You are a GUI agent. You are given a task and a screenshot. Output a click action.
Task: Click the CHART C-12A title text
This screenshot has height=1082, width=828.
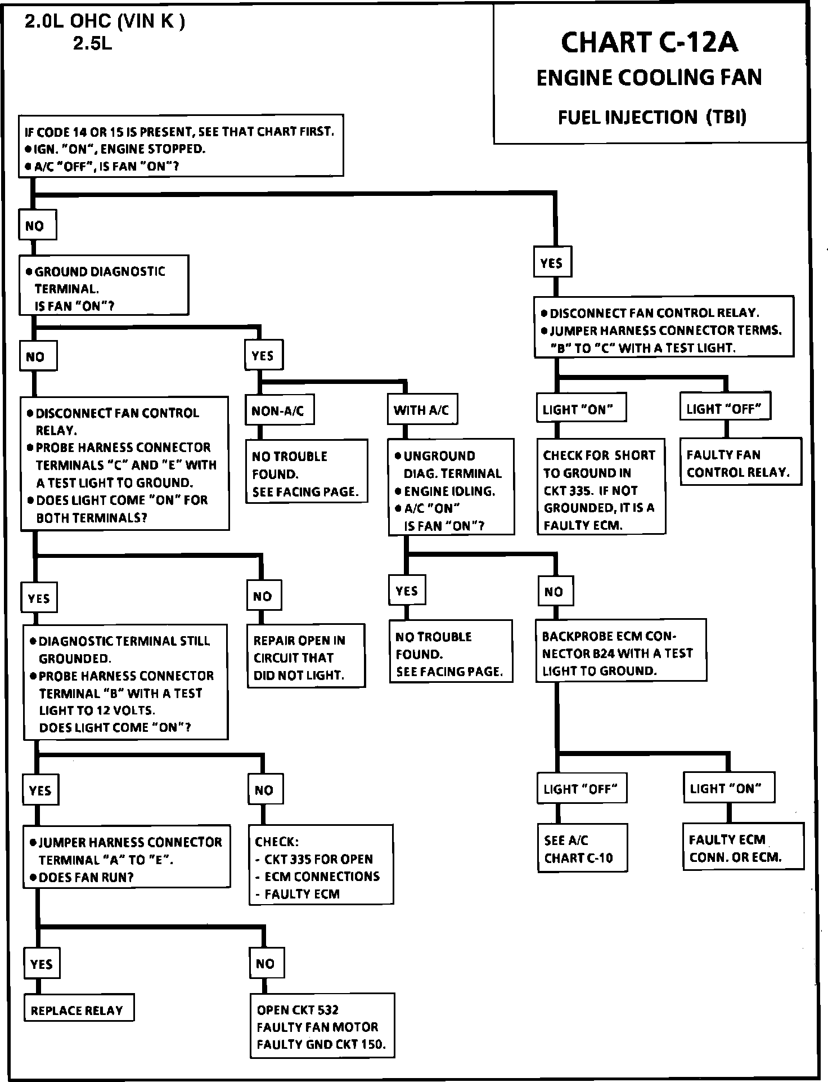click(649, 43)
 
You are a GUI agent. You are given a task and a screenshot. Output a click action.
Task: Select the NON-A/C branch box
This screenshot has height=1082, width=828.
click(279, 411)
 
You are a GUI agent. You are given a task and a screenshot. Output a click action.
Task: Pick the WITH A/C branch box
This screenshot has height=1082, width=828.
click(422, 410)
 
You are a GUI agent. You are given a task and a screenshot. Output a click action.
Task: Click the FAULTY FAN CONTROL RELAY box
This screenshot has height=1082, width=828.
click(740, 463)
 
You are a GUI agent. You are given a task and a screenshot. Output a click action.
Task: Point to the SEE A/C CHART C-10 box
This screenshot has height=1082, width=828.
click(582, 849)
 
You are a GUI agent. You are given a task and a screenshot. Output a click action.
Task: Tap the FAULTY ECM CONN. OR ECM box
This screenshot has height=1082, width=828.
click(742, 848)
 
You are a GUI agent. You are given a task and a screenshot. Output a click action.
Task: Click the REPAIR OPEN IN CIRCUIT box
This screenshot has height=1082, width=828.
click(306, 657)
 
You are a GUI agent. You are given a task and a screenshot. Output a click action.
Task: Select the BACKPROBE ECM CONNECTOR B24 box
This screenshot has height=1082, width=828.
click(620, 653)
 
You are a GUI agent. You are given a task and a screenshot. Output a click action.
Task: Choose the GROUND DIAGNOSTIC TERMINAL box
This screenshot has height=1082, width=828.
click(103, 288)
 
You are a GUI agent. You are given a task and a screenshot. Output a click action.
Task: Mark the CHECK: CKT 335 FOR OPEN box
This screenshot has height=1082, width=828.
click(321, 867)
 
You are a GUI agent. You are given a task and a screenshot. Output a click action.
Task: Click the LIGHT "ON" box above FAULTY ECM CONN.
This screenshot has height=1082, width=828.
click(728, 788)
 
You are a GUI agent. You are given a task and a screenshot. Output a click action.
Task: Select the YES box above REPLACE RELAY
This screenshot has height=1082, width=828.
click(42, 964)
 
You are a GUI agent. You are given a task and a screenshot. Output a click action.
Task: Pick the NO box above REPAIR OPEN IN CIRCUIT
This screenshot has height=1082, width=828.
click(263, 597)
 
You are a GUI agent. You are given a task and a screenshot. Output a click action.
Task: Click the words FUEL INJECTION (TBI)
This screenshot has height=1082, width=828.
click(652, 117)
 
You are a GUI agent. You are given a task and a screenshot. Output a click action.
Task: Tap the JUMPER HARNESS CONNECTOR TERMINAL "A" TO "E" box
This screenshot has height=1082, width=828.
click(126, 859)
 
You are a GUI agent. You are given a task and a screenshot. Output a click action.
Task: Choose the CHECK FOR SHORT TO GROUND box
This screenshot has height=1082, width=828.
click(601, 490)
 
